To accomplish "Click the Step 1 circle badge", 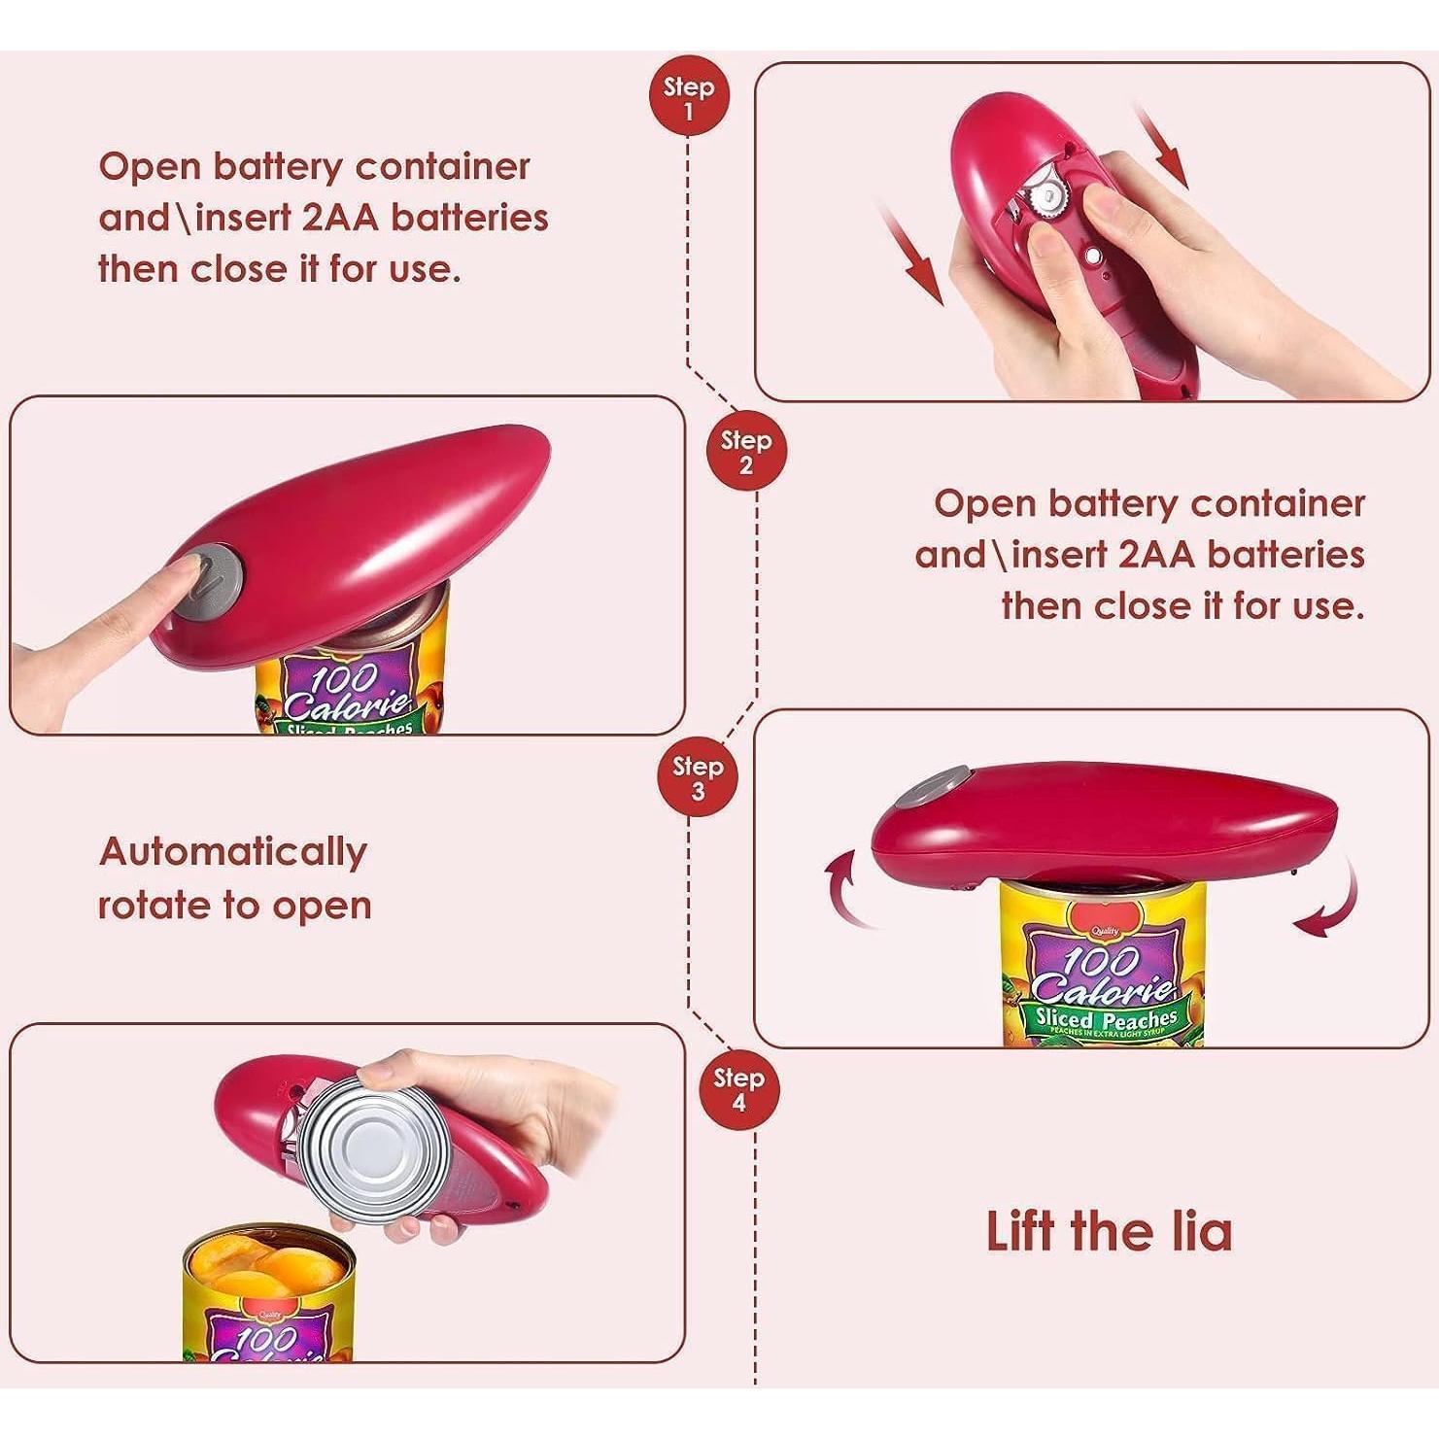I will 689,99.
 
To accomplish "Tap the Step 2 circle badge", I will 745,453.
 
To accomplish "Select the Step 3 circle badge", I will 698,778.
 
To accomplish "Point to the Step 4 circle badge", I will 738,1090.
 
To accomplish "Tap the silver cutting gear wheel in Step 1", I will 1048,198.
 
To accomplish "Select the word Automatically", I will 233,852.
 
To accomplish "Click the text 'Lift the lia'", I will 1109,1231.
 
